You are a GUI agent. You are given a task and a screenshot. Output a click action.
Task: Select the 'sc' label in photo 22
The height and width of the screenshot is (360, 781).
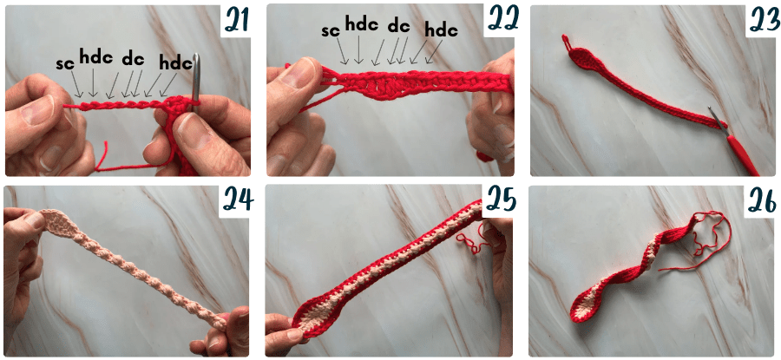click(x=331, y=30)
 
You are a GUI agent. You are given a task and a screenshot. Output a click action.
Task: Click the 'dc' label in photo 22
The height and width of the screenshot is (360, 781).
click(x=398, y=25)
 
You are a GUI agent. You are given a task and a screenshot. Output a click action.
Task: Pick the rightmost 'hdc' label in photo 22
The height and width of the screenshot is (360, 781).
click(x=441, y=30)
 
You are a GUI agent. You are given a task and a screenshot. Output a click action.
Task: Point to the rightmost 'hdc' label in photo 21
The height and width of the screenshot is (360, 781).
click(x=176, y=62)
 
